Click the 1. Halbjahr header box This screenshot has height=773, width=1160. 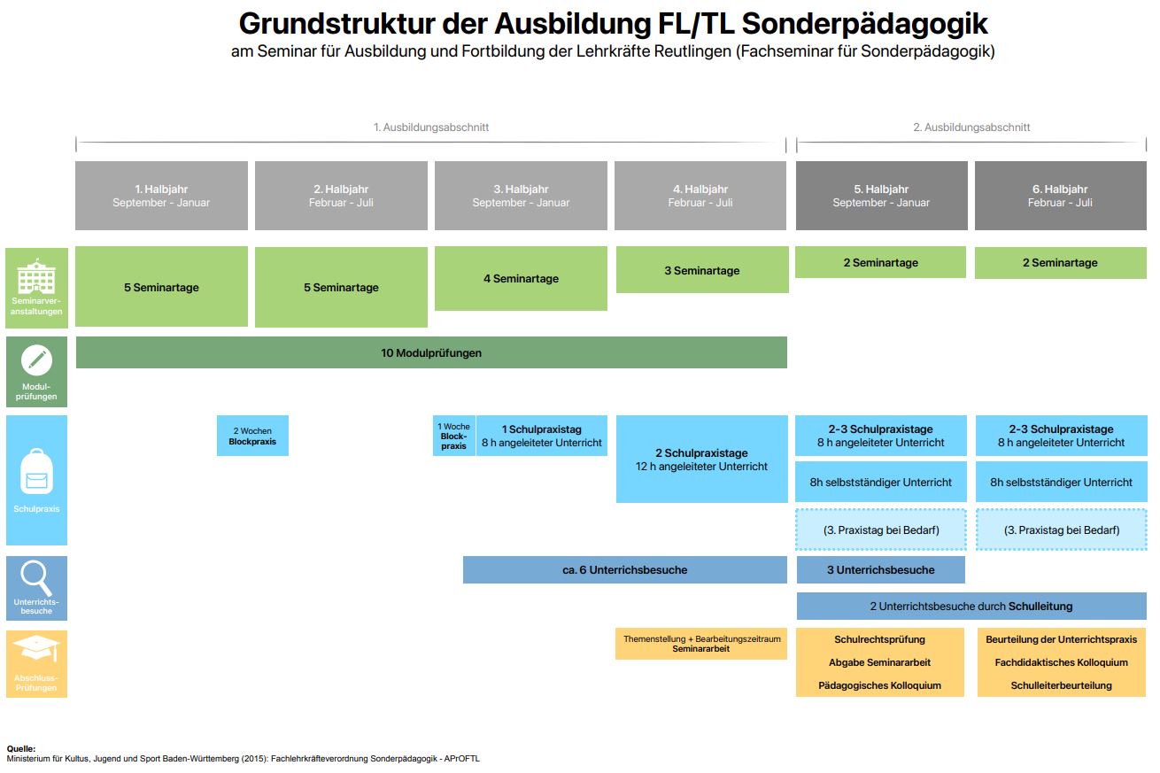pos(161,195)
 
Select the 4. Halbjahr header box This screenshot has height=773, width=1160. pos(700,195)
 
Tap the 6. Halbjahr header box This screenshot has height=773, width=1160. pos(1061,195)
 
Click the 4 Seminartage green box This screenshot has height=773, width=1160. pos(521,279)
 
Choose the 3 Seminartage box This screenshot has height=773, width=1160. pos(702,270)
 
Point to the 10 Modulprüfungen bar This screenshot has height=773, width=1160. pos(431,352)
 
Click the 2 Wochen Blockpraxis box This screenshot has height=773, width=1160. pos(252,436)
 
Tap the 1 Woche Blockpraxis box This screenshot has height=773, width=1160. pos(454,436)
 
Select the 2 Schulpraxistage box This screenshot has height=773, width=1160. pos(701,459)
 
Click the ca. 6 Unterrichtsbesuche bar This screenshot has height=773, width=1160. pos(625,569)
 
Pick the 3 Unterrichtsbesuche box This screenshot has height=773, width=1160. pos(881,569)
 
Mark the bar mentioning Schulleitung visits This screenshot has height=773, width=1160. pos(971,606)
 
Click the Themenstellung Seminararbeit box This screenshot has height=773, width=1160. pos(701,644)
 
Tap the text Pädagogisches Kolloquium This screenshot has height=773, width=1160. pos(880,685)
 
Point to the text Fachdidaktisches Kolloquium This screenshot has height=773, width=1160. pos(1061,662)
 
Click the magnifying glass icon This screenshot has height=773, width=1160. pos(35,578)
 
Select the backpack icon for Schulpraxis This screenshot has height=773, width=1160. pos(37,471)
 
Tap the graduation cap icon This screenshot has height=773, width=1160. pos(36,648)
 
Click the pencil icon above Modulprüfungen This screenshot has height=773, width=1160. pos(36,359)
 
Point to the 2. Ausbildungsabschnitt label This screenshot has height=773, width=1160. pos(971,127)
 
